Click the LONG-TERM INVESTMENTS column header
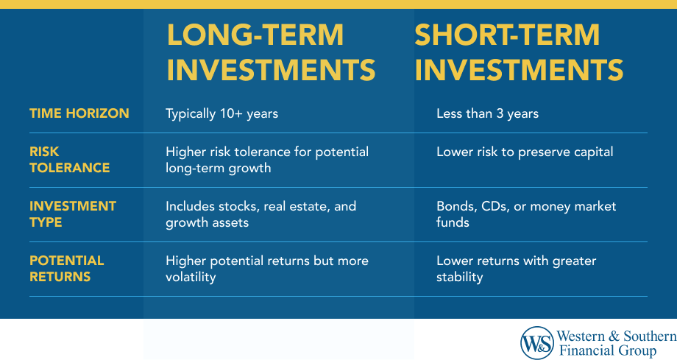[270, 52]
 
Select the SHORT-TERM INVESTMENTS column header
[519, 52]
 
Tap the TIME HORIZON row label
[79, 113]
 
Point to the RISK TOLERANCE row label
[69, 160]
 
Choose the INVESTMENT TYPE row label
[72, 214]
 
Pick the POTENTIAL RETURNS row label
[66, 269]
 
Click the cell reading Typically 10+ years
[221, 113]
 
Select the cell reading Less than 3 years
[487, 113]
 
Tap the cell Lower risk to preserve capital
[524, 152]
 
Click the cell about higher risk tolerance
[266, 160]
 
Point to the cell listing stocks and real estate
[260, 214]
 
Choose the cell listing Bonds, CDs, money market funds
[525, 214]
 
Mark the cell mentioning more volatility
[266, 269]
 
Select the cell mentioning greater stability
[516, 269]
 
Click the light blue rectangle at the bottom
[278, 339]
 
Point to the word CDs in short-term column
[489, 206]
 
